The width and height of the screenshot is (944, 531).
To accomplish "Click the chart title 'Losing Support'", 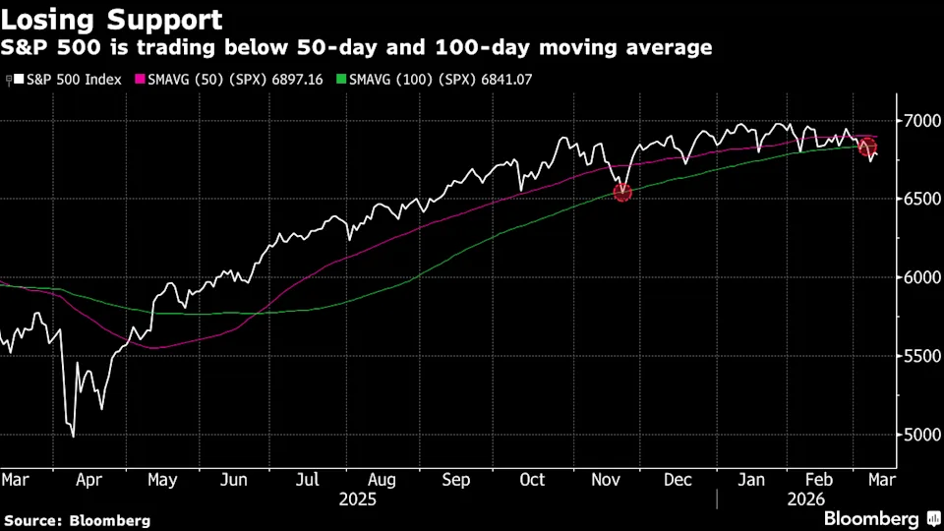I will (x=111, y=20).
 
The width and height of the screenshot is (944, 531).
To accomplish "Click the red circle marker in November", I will (x=621, y=193).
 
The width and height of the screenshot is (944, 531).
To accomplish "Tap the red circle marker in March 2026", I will (x=867, y=147).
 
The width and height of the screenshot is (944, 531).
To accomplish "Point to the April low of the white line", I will (x=72, y=436).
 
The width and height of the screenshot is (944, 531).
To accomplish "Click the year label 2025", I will (x=358, y=499).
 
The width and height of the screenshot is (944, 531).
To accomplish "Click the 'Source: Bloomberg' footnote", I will (x=77, y=520).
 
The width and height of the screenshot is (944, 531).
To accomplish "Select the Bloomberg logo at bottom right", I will (x=882, y=518).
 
